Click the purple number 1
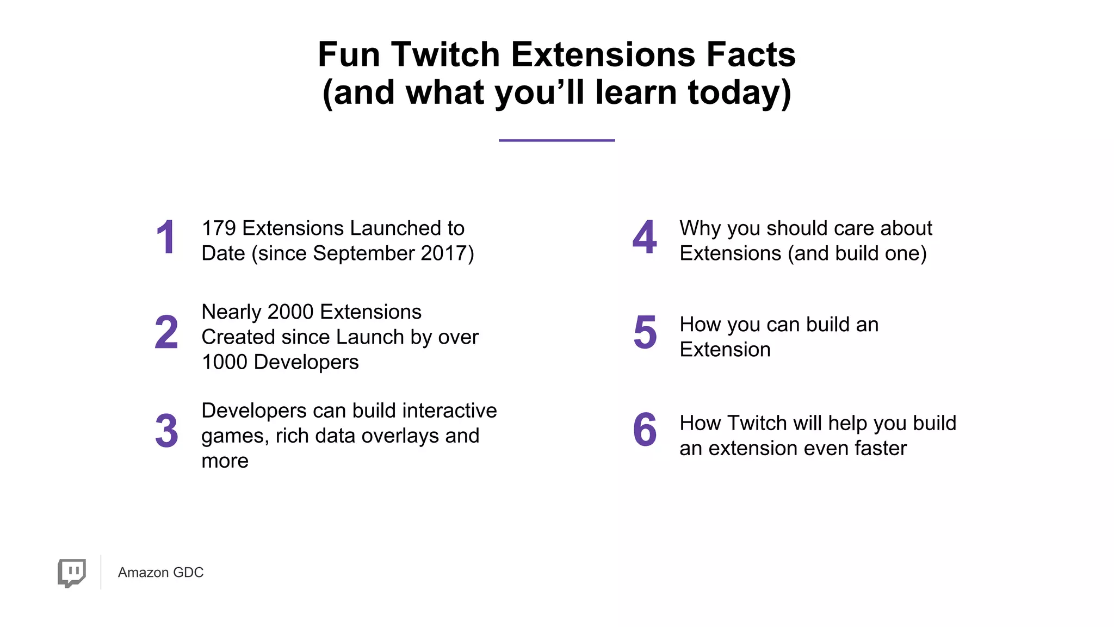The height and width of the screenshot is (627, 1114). pos(165,238)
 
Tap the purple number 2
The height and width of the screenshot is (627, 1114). pos(166,332)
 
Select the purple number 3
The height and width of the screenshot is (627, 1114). pos(166,431)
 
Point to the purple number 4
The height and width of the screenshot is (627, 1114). pos(645,238)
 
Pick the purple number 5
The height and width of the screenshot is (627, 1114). pos(645,332)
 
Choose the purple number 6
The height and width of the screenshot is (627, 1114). pos(645,430)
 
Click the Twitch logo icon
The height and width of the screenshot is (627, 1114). pos(72,572)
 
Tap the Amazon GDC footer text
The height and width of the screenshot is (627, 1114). pos(160,573)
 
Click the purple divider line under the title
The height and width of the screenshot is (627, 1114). pos(556,140)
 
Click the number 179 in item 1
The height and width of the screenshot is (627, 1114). pos(219,228)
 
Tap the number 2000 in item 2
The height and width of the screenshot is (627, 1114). pos(290,312)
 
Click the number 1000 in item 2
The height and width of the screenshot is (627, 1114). pos(225,362)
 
